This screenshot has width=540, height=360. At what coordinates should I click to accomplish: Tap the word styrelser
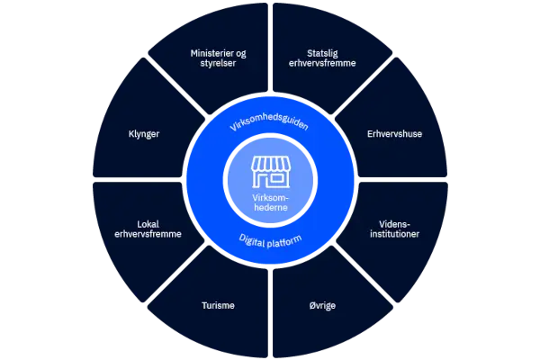pos(218,63)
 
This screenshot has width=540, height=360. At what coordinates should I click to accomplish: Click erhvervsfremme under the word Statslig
pos(322,63)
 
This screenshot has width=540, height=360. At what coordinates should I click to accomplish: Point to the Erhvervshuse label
pos(394,134)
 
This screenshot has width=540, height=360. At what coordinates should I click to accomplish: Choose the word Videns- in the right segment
pos(395,224)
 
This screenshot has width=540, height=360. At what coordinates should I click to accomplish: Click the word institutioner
pos(395,234)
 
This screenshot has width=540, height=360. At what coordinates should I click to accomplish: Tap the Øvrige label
pos(322,306)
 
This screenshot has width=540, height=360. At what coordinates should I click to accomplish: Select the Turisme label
pos(218,305)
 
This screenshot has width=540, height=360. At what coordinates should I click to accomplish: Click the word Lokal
pos(148,224)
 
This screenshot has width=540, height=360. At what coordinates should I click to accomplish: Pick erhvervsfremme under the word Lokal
pos(148,234)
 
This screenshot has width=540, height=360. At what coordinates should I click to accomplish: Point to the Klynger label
pos(144,134)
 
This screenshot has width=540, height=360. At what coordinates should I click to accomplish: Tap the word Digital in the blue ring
pos(251,241)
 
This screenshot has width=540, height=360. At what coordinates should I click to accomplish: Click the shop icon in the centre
pos(271,172)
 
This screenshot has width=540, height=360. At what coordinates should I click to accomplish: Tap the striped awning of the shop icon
pos(271,164)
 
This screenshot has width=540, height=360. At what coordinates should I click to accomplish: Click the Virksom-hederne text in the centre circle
pos(270,202)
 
